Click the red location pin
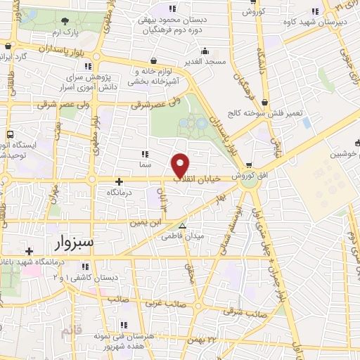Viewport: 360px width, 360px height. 181,165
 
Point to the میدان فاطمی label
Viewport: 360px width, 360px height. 188,236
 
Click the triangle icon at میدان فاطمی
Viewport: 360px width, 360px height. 182,226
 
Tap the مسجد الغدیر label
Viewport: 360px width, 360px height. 205,62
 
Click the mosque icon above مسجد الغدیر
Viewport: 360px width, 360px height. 205,51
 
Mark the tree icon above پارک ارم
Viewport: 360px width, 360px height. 65,22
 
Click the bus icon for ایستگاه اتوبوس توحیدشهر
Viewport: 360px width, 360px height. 10,134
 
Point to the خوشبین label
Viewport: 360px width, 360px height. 342,153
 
